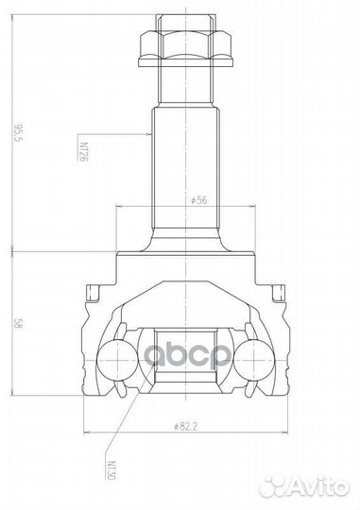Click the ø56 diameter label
point(197,201)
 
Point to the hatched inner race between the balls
point(185,359)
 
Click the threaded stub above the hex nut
point(185,20)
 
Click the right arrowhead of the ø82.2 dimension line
point(285,433)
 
